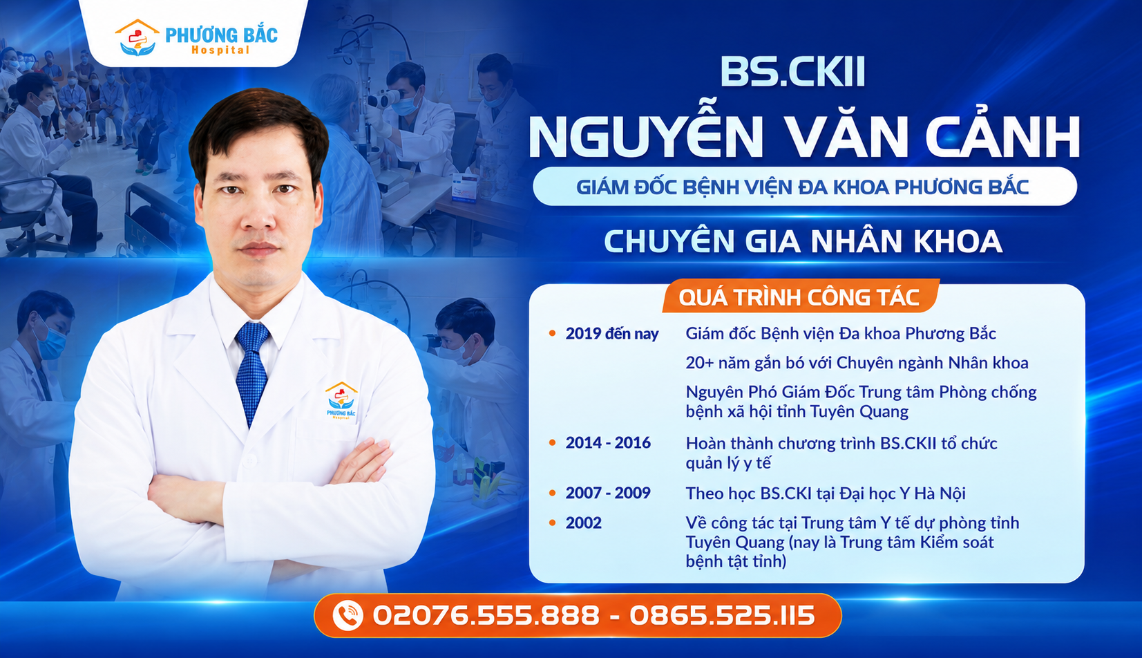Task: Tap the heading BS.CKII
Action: [x=793, y=72]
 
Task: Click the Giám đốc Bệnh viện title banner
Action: [x=804, y=187]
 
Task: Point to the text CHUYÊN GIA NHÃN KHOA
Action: [x=803, y=241]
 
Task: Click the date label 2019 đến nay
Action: [x=612, y=334]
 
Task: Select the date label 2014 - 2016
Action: [x=608, y=443]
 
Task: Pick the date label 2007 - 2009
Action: [x=608, y=493]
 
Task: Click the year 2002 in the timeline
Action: [x=583, y=523]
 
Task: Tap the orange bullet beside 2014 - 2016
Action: [x=552, y=443]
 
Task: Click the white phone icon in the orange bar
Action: [x=348, y=615]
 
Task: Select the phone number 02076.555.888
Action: [x=486, y=615]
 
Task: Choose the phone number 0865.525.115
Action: [x=723, y=615]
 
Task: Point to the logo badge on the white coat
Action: [x=341, y=401]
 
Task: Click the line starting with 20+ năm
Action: [x=857, y=363]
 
